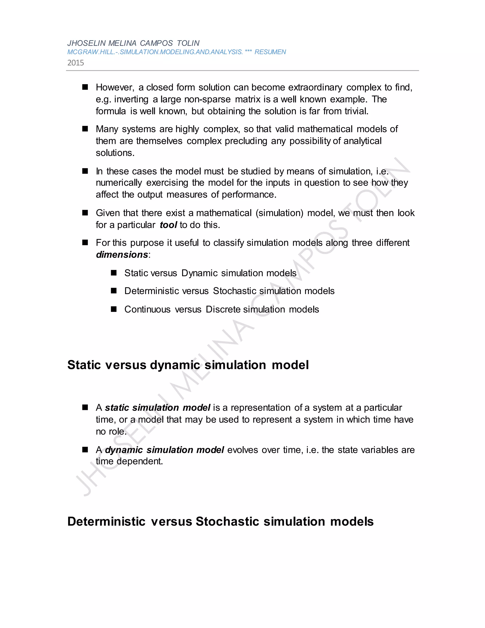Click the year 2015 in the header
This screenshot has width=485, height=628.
[x=76, y=63]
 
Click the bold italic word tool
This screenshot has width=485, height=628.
[x=168, y=225]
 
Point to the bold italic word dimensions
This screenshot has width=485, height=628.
[x=122, y=255]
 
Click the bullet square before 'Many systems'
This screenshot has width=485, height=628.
[x=85, y=129]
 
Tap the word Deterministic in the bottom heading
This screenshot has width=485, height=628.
[x=106, y=521]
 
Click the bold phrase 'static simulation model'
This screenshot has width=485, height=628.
[x=158, y=408]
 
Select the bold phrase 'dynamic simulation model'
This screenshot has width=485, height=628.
[x=164, y=450]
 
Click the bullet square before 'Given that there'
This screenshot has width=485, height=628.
[x=85, y=213]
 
